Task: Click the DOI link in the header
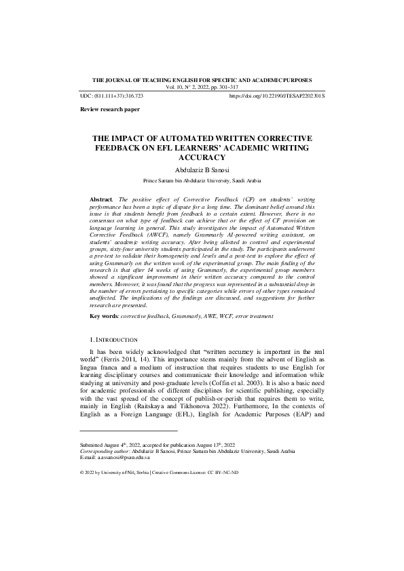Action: point(277,96)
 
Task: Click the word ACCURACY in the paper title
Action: point(202,157)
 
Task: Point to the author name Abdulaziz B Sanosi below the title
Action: point(202,170)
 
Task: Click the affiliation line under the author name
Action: point(202,181)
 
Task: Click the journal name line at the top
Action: point(202,80)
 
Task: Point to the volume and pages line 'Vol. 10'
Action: point(202,87)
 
